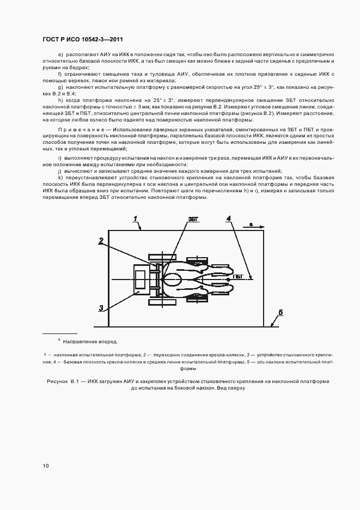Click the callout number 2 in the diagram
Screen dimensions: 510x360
coord(101,240)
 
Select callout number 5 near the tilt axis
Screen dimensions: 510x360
coord(280,312)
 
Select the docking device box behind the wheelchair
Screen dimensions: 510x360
coord(141,277)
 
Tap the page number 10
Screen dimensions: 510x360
coord(45,466)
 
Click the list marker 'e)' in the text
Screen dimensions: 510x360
coord(60,56)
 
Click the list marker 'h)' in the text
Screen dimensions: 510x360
coord(60,101)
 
